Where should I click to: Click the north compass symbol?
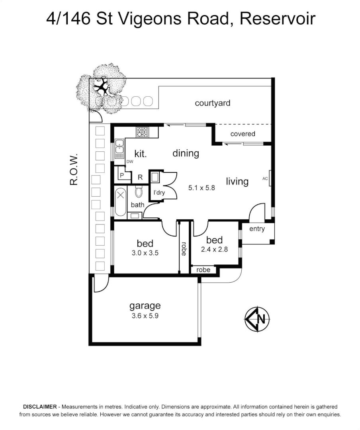point(257,319)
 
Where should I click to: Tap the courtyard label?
point(212,103)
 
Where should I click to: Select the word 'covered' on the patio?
point(243,134)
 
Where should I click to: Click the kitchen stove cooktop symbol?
point(142,132)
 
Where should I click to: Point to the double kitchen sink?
point(119,149)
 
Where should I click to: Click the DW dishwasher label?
point(130,162)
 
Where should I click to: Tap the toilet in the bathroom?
point(139,192)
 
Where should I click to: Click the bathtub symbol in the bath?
point(120,203)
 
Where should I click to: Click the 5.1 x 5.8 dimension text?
point(202,187)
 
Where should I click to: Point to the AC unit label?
point(265,179)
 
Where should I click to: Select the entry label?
point(257,229)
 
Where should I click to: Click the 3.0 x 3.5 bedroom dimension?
point(145,252)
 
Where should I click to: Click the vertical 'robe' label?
point(184,249)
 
